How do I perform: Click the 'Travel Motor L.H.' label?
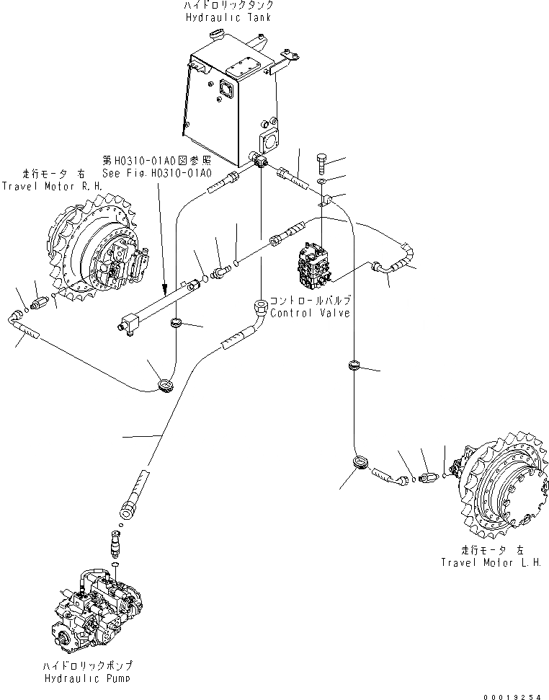point(492,562)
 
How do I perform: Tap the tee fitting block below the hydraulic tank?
point(259,159)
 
